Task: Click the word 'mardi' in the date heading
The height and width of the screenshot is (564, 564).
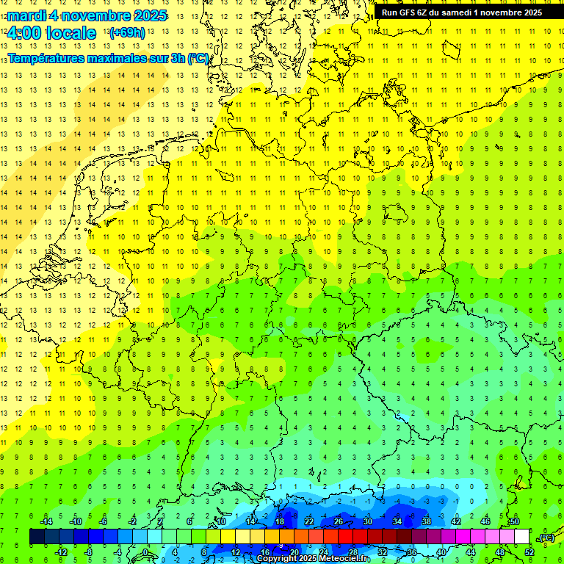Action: click(26, 15)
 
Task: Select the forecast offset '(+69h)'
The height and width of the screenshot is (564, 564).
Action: click(126, 33)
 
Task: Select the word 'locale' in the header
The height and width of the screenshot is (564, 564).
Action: click(70, 33)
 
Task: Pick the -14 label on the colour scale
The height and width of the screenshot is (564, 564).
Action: click(46, 521)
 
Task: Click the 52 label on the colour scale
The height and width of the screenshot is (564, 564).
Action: click(529, 552)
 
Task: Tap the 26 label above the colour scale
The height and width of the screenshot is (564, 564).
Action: click(339, 521)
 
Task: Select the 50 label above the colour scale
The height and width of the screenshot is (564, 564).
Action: click(514, 521)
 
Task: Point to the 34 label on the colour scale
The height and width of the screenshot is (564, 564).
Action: click(397, 521)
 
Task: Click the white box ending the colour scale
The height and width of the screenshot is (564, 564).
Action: click(521, 537)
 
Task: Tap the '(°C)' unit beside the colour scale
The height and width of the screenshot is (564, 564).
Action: click(546, 538)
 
